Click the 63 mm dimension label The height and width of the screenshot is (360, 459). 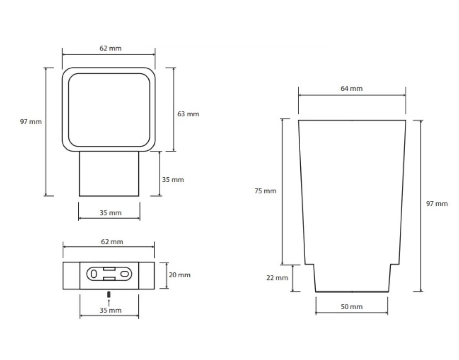tap(188, 114)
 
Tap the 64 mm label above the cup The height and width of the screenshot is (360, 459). tap(352, 88)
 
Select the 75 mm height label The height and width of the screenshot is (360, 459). tap(265, 191)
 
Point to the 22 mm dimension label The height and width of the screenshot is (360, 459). tap(277, 278)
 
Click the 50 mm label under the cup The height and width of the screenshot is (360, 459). tap(352, 307)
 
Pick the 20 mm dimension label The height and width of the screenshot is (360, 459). tap(179, 275)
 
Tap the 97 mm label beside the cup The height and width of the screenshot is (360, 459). tap(437, 204)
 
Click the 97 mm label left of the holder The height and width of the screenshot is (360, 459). tap(31, 122)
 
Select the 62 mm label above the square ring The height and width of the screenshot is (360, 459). tap(111, 48)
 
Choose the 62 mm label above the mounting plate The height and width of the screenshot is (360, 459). tap(112, 242)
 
